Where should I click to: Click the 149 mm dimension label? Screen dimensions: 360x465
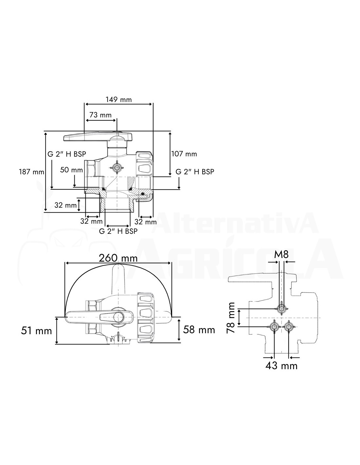[x=119, y=99]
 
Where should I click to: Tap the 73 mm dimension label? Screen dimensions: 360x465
[x=100, y=115]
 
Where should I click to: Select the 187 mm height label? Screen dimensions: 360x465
[x=31, y=172]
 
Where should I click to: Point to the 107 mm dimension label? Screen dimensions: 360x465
[x=184, y=154]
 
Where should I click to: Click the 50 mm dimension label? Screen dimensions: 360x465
[x=71, y=170]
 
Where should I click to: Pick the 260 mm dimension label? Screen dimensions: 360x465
[x=118, y=258]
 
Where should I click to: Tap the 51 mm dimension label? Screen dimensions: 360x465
[x=36, y=331]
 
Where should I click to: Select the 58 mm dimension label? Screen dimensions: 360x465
[x=199, y=330]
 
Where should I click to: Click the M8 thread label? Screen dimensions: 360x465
[x=281, y=254]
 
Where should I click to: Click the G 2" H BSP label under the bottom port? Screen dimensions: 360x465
[x=118, y=231]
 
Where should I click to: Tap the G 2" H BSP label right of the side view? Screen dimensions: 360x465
[x=195, y=172]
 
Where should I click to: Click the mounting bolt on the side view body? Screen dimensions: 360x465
[x=117, y=167]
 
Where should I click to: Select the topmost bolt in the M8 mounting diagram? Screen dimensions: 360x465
[x=281, y=309]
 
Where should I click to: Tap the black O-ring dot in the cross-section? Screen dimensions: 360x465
[x=142, y=194]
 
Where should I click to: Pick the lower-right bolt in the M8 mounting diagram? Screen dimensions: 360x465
[x=288, y=327]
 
